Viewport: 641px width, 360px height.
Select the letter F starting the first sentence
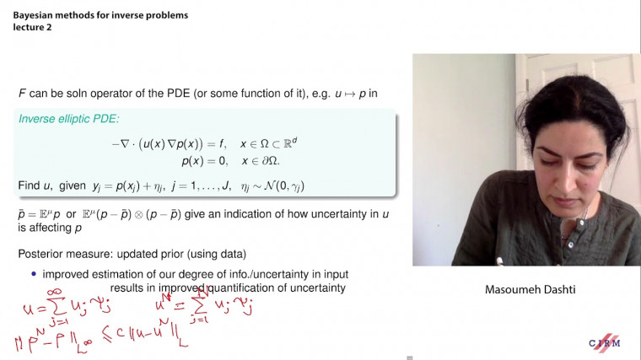click(x=22, y=92)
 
